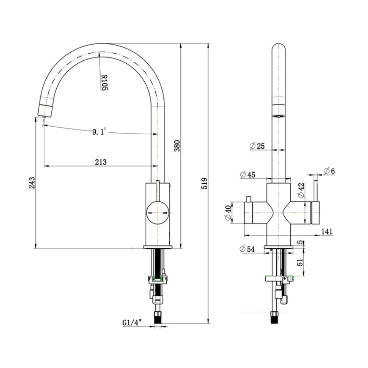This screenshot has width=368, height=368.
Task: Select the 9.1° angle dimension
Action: (99, 131)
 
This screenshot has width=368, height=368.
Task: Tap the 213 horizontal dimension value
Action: (101, 162)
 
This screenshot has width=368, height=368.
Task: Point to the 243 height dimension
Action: (32, 183)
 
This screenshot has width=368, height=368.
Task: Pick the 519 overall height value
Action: (204, 183)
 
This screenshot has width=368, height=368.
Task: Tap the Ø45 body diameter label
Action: (248, 174)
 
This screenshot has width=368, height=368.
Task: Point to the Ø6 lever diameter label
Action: (329, 171)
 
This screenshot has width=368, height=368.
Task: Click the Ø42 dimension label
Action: (301, 190)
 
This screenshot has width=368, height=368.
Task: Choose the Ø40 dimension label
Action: (228, 213)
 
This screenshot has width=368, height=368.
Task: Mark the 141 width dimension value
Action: (327, 231)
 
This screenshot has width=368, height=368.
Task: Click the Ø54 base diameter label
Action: (247, 249)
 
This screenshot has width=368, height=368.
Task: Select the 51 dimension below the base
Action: (300, 262)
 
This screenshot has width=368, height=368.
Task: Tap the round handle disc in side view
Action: (158, 213)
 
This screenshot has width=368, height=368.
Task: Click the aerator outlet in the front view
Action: (279, 116)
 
